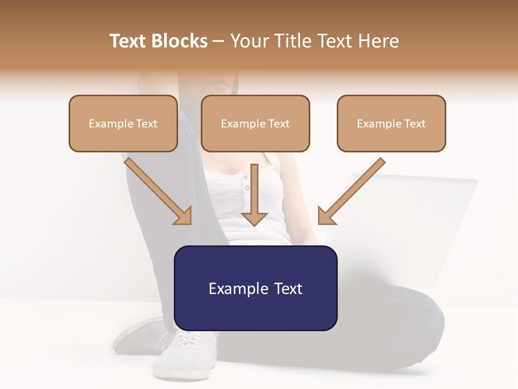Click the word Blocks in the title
pos(179,41)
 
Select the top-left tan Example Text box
pos(123,123)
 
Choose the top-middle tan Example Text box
pos(255,123)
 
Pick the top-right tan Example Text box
pos(391,123)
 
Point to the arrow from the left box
pos(156,190)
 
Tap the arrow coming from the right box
pos(353,190)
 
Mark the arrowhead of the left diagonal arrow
pos(183,216)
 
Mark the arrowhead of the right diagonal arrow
pos(325,216)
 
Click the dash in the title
pos(219,41)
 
